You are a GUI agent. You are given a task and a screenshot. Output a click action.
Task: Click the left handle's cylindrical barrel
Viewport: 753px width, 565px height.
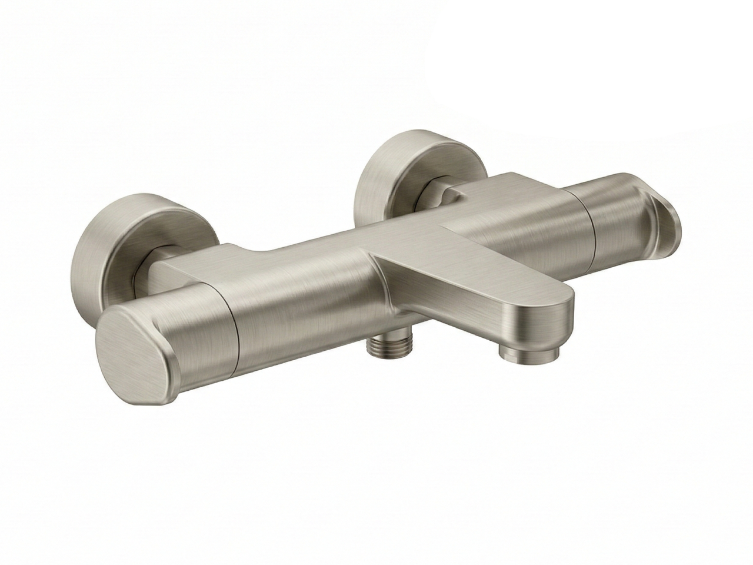coord(194,330)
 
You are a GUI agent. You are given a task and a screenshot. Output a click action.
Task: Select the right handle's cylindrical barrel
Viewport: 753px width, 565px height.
coord(624,224)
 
